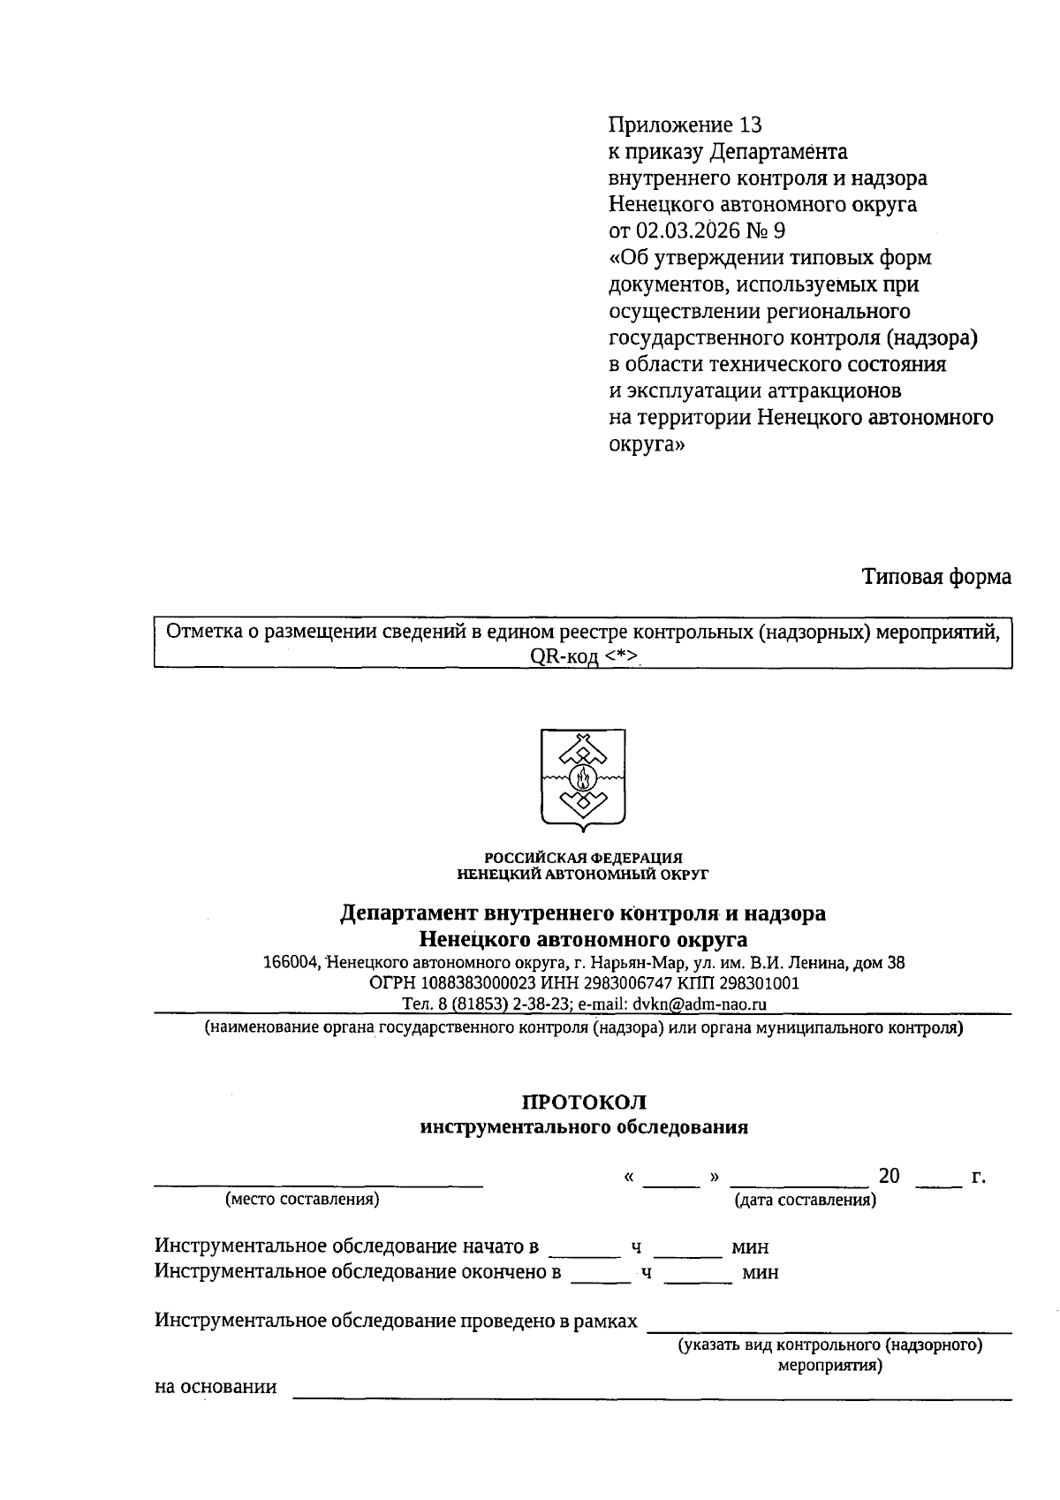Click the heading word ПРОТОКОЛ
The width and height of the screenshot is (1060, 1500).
point(584,1102)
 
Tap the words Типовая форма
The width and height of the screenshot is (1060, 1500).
point(936,577)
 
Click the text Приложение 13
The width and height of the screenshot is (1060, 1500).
point(685,125)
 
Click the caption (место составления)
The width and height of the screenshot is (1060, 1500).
point(302,1199)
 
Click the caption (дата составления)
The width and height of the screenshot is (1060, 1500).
point(805,1200)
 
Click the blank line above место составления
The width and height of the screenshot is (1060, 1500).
point(318,1183)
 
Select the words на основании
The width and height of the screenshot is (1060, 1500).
point(216,1387)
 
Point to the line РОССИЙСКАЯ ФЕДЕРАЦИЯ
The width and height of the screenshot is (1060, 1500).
point(583,858)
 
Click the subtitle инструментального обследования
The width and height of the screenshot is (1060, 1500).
point(584,1127)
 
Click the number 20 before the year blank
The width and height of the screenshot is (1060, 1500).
point(889,1176)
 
